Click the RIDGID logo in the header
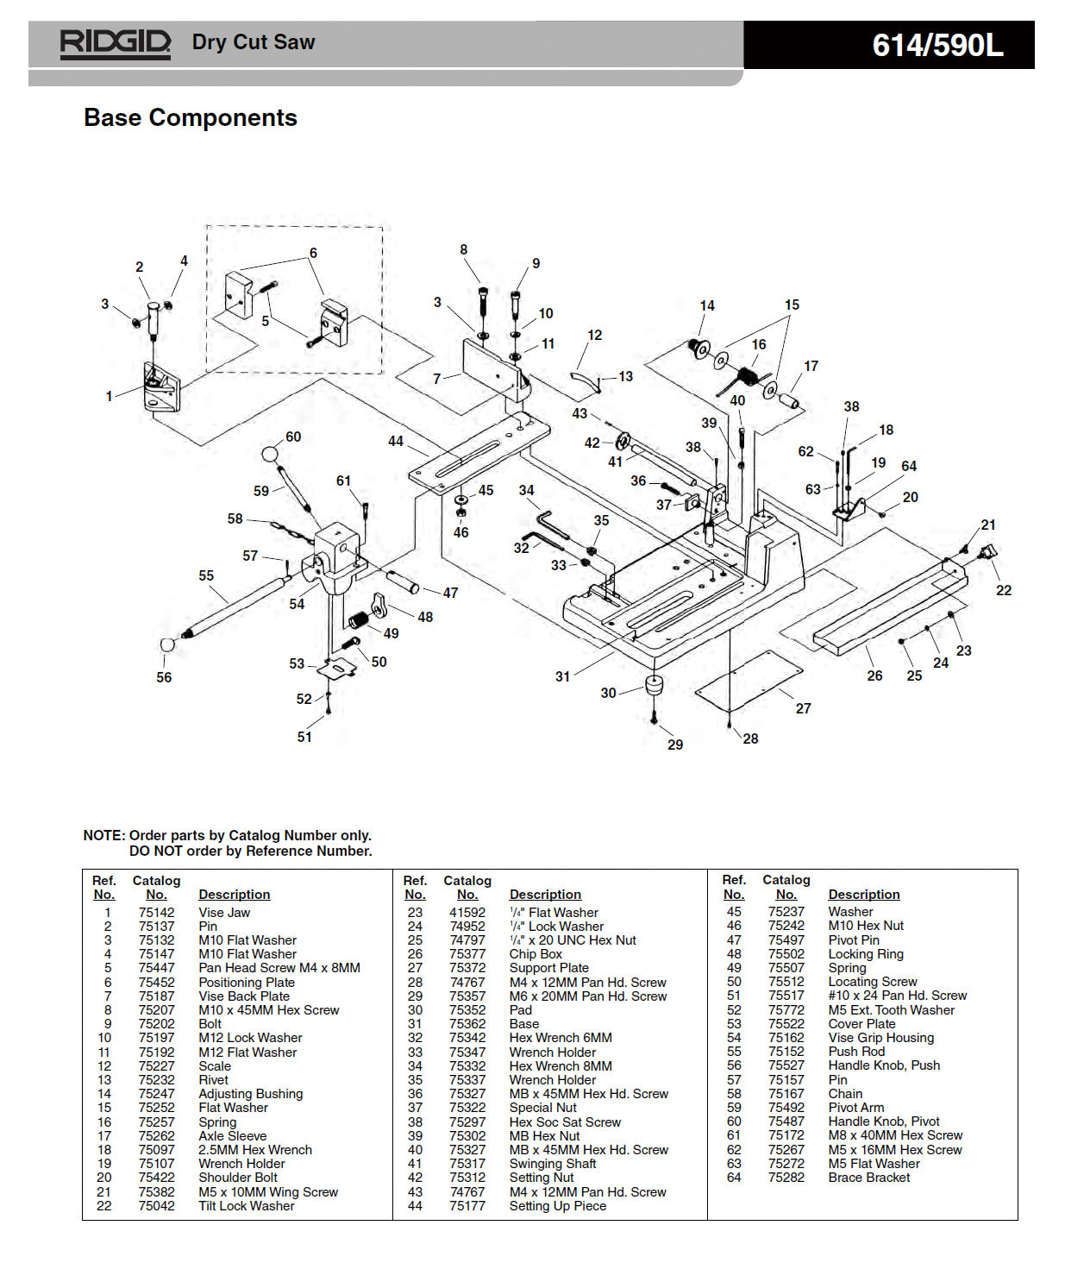tap(115, 43)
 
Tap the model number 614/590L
tap(937, 45)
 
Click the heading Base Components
tap(190, 117)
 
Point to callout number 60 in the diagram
tap(293, 437)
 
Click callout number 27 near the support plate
tap(803, 708)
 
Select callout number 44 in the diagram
tap(395, 441)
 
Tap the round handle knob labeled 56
tap(168, 645)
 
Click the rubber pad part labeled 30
tap(655, 686)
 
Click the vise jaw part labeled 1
tap(160, 388)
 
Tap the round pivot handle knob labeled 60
tap(271, 454)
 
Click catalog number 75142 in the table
tap(156, 913)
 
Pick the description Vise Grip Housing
tap(880, 1038)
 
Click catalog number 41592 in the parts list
tap(467, 913)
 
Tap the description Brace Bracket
tap(868, 1178)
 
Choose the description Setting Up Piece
tap(557, 1206)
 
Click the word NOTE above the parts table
tap(103, 835)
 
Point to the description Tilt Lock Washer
tap(246, 1206)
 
